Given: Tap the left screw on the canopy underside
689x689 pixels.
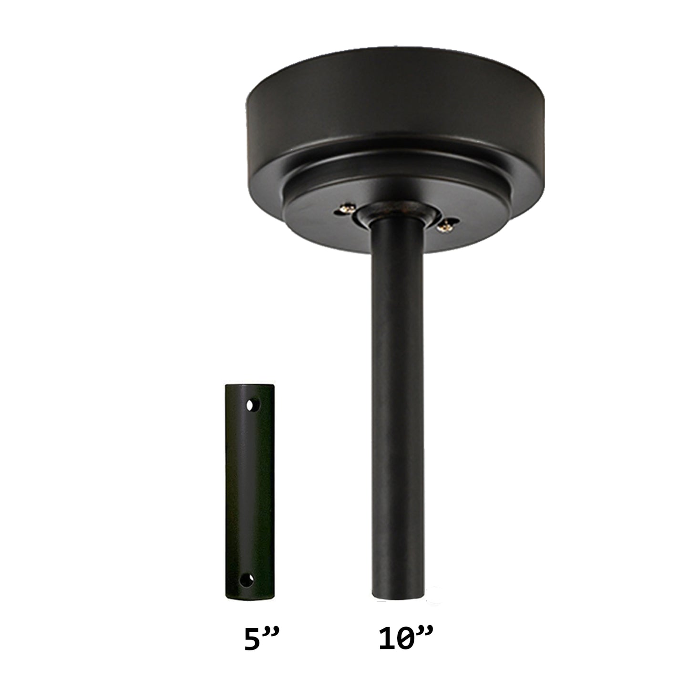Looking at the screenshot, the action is point(346,208).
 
